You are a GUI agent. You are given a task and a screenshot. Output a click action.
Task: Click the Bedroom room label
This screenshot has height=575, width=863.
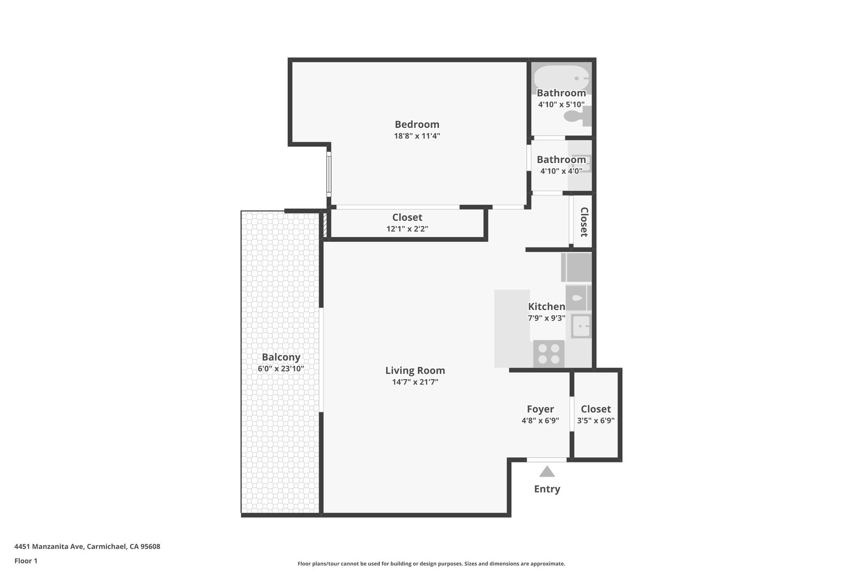point(417,125)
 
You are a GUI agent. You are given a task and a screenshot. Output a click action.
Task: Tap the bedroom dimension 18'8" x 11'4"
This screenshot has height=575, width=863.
point(417,136)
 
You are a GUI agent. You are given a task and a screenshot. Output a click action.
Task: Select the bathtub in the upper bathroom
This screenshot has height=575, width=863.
point(561,78)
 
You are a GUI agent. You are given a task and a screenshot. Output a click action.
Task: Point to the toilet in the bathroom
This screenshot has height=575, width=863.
point(577,116)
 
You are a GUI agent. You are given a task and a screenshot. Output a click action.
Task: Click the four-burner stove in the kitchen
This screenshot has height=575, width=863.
point(549,354)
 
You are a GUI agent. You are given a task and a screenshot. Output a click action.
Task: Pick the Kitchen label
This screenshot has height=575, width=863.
point(547,307)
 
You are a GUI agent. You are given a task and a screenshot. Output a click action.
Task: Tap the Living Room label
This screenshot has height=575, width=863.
point(416,371)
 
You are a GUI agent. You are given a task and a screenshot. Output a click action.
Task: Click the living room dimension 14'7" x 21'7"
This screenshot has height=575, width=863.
point(416,382)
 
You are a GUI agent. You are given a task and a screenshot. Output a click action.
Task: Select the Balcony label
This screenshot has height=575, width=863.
point(281,357)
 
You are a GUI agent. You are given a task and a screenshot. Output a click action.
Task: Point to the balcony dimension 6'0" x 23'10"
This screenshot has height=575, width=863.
point(281,368)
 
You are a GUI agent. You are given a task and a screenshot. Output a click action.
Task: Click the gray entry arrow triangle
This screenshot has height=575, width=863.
point(547,471)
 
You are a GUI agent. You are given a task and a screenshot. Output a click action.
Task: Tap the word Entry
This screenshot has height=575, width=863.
point(547,489)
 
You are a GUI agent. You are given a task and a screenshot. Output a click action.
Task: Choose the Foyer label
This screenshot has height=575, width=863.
point(541,409)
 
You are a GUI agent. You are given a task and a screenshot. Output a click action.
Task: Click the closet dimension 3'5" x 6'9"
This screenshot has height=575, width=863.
point(596,421)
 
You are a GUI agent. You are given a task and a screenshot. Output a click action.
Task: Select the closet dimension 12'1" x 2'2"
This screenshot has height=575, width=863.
point(407,229)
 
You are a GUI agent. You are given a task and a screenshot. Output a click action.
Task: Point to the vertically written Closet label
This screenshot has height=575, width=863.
point(584,222)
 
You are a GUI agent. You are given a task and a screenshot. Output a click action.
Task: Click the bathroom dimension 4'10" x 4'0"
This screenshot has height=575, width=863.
point(561,171)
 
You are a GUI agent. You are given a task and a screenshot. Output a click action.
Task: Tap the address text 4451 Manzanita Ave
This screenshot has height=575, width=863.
point(50,546)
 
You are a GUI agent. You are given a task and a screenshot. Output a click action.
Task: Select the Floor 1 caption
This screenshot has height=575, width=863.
point(26,561)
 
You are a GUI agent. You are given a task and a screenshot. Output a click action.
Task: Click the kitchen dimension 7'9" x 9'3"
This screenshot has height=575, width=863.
point(547,318)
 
